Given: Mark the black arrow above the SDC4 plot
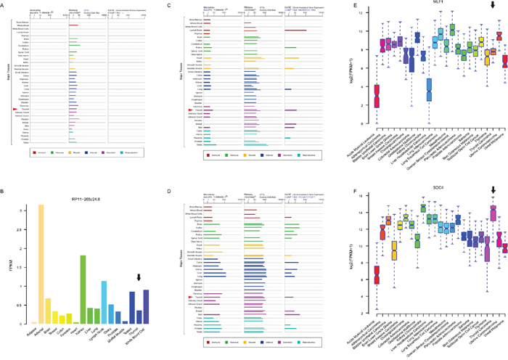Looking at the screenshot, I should coord(493,190).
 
